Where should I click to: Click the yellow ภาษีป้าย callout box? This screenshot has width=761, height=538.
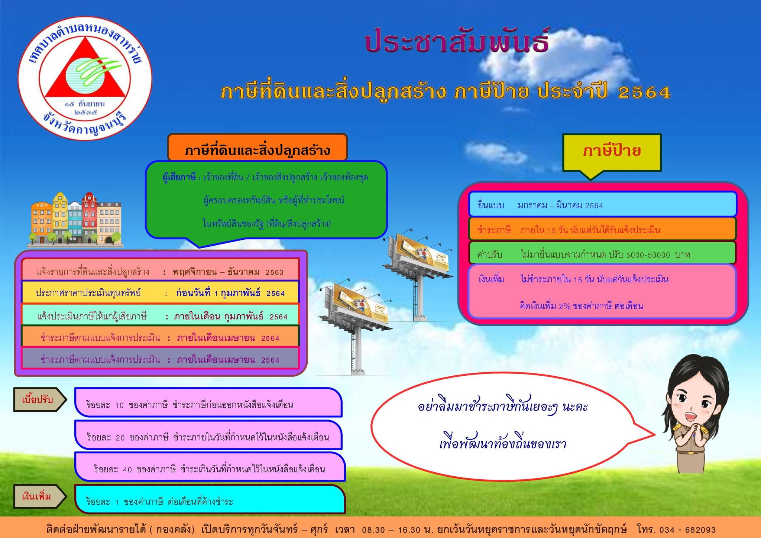tap(612, 152)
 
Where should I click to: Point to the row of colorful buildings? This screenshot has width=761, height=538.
tap(75, 219)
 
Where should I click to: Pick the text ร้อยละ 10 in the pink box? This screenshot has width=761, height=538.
tap(104, 405)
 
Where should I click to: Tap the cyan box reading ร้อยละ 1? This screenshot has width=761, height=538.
tap(210, 499)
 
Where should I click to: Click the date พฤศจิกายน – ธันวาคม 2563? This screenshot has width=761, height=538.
tap(228, 272)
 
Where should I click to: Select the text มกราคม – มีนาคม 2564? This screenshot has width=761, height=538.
tap(560, 205)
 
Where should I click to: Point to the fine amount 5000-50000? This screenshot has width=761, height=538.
tap(648, 255)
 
